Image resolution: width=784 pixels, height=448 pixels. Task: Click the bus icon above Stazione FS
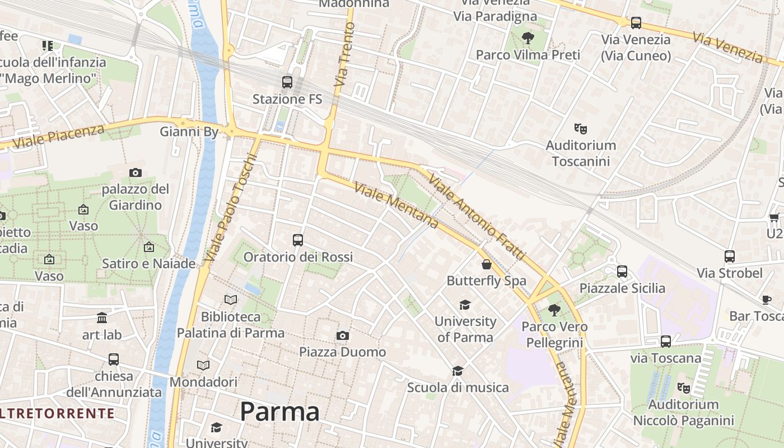287,82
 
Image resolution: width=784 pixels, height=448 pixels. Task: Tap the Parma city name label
279,412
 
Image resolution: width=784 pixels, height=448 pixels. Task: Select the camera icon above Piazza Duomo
343,335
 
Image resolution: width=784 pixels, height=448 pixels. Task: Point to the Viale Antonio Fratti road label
477,216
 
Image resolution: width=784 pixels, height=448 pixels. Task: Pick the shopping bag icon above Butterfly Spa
487,264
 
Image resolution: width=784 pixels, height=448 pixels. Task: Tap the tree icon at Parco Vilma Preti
528,38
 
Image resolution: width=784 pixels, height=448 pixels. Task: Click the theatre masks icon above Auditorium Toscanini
581,129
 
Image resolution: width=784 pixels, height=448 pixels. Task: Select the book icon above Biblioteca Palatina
231,300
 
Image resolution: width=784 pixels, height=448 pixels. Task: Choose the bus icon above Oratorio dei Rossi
298,240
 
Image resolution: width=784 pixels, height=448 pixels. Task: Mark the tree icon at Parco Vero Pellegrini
554,310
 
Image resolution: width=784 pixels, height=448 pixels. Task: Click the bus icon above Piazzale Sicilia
622,272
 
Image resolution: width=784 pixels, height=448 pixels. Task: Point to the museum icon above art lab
102,318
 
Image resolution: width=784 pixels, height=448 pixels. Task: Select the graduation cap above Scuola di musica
458,371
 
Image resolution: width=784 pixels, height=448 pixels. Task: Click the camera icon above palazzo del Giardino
135,172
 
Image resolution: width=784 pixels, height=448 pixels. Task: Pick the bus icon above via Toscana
666,341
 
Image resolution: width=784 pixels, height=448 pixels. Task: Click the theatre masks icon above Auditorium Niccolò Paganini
683,388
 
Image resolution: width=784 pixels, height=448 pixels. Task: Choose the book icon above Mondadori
203,365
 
